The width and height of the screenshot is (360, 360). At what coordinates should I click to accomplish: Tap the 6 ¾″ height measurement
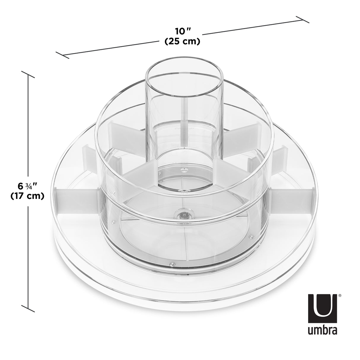pos(27,186)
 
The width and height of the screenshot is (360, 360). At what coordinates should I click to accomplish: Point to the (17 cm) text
pos(27,196)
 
